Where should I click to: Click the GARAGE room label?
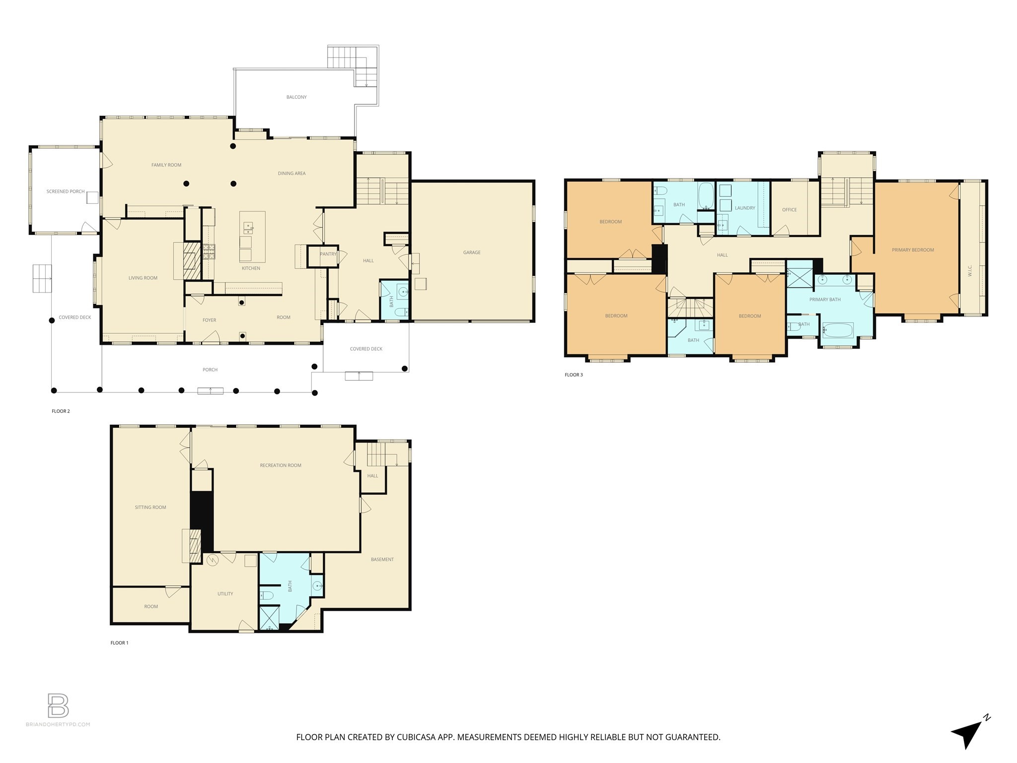(x=471, y=252)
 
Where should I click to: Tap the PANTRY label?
(x=328, y=254)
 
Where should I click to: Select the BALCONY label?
(x=296, y=97)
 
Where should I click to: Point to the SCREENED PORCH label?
(x=66, y=191)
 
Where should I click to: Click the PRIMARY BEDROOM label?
(x=913, y=250)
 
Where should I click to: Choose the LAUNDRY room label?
(x=745, y=208)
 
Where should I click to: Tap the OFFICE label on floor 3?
(x=789, y=210)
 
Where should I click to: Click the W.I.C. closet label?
(x=969, y=271)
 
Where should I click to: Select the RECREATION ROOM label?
(x=281, y=465)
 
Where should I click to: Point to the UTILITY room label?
(x=225, y=594)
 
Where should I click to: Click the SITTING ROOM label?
(x=150, y=507)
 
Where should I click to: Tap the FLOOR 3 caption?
(x=574, y=375)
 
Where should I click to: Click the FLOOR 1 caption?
(x=119, y=643)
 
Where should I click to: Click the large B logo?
(x=58, y=705)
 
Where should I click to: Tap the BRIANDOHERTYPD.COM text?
(x=58, y=724)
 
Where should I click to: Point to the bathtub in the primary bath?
(x=837, y=329)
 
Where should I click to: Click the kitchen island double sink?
(x=248, y=228)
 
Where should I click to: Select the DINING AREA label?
(x=291, y=173)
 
